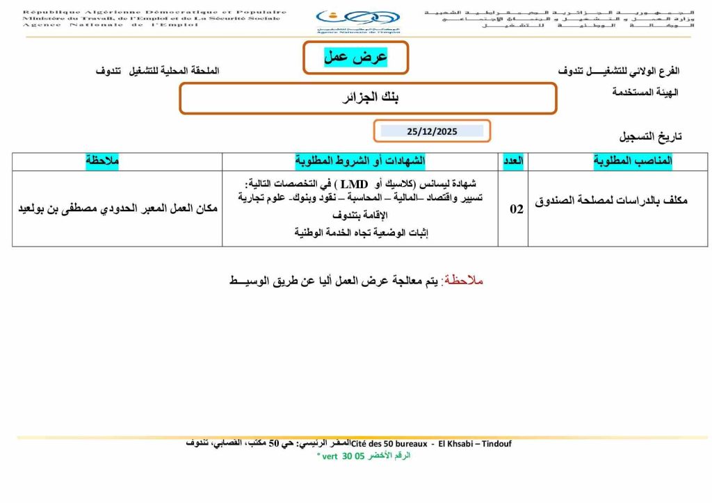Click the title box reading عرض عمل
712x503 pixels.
point(355,57)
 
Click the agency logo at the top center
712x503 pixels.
point(357,21)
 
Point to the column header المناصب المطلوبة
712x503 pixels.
point(633,161)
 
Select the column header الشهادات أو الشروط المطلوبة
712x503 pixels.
point(360,161)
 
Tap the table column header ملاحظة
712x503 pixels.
point(102,161)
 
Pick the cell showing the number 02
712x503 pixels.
point(516,209)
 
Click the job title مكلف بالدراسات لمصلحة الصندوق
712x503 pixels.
point(611,201)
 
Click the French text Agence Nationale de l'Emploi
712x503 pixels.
point(111,25)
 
